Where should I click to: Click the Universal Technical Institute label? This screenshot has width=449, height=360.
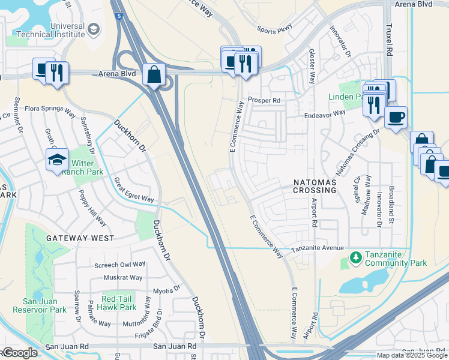click(67, 30)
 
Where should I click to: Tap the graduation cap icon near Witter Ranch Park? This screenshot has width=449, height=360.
click(57, 160)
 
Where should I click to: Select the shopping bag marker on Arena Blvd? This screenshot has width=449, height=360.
click(154, 75)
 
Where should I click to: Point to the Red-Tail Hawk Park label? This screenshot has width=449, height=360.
click(119, 303)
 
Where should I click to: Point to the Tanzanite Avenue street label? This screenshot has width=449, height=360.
click(318, 248)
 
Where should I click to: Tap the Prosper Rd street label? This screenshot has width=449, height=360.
click(264, 100)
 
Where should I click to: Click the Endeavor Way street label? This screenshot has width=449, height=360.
click(325, 113)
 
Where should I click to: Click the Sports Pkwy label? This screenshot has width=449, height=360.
click(275, 29)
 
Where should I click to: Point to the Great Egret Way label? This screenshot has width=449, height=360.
click(134, 191)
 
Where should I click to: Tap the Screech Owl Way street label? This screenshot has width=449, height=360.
click(120, 264)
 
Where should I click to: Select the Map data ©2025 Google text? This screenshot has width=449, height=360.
click(411, 355)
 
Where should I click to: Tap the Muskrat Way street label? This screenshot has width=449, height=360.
click(122, 278)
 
